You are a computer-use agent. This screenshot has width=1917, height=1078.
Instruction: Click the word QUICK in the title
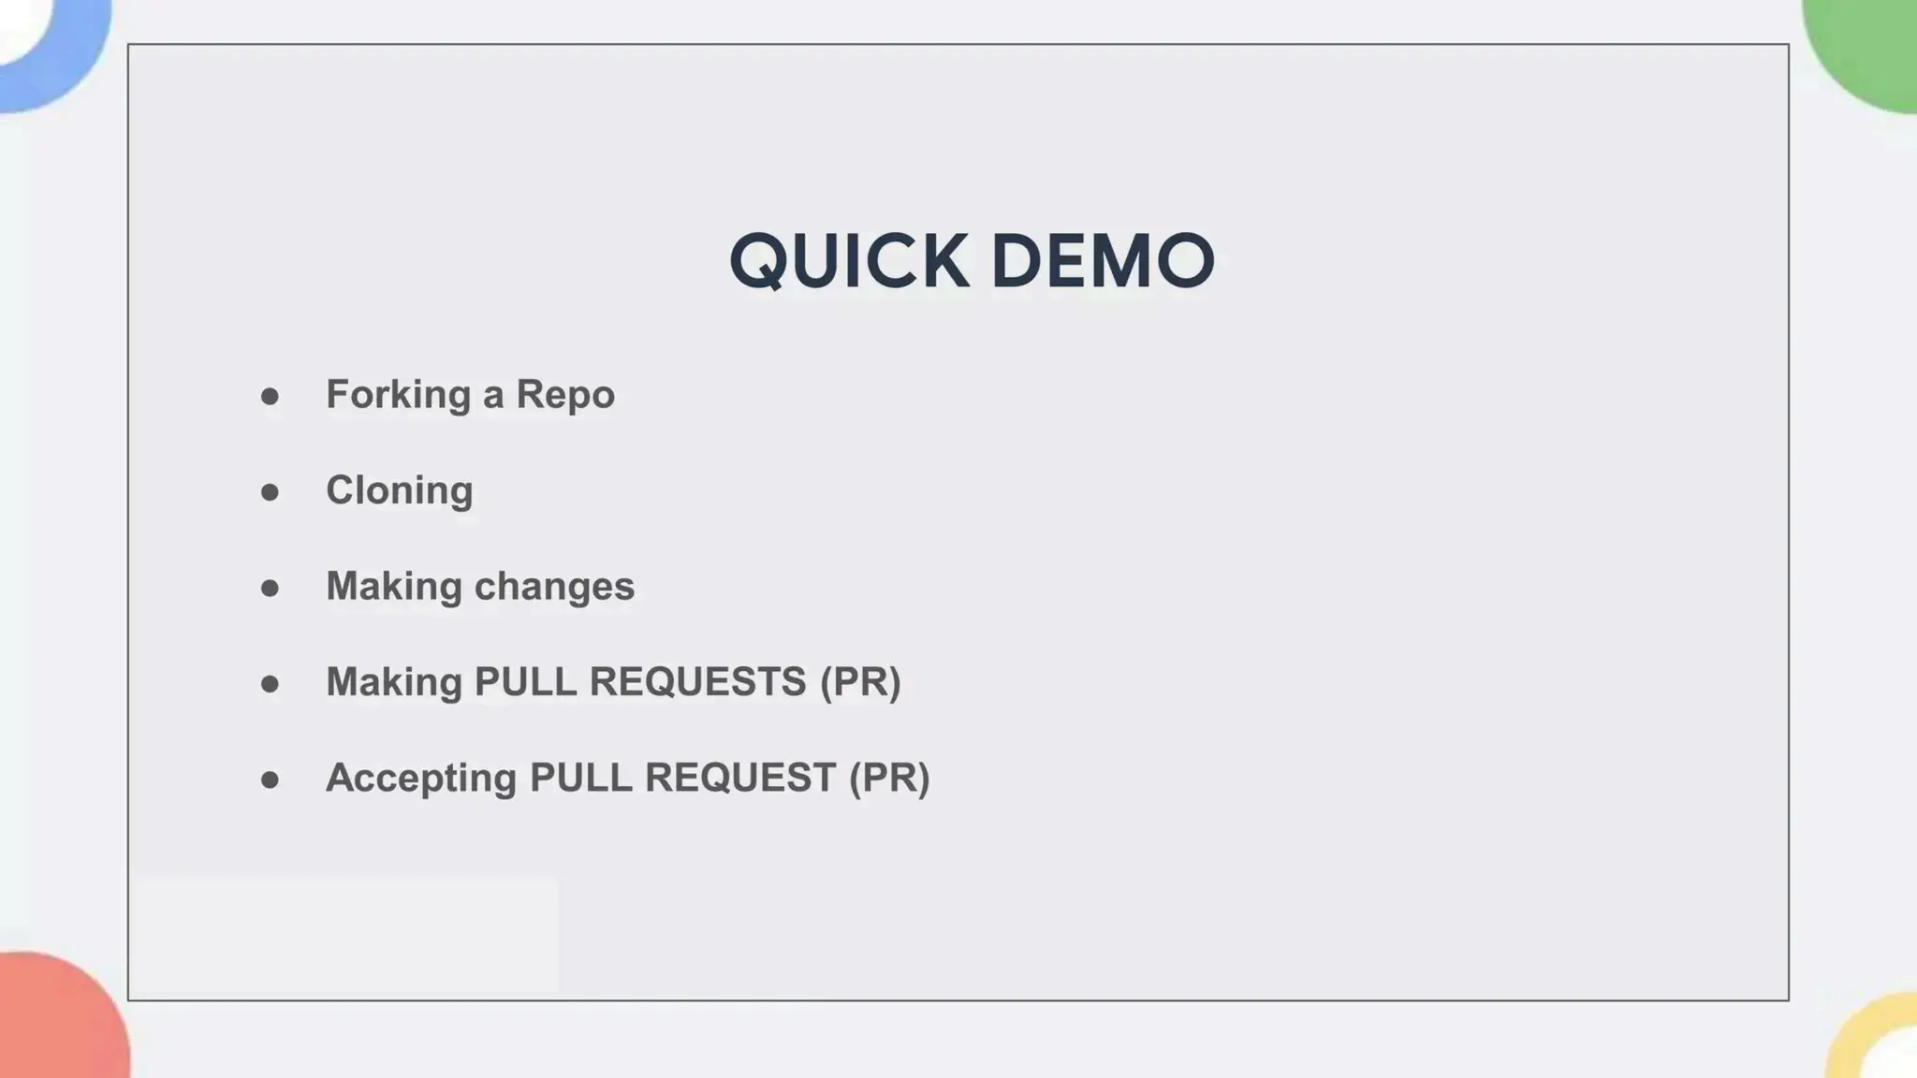tap(848, 261)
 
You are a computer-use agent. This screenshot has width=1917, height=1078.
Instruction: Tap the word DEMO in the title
tap(1103, 261)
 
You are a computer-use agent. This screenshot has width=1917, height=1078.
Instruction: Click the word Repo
tap(565, 395)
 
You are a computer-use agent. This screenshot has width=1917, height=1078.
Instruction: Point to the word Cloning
tap(400, 491)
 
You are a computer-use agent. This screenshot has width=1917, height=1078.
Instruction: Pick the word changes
tap(554, 587)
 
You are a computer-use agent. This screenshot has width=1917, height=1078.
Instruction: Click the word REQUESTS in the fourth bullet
tap(697, 682)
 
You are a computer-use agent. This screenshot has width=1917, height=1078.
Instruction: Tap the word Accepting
tap(420, 779)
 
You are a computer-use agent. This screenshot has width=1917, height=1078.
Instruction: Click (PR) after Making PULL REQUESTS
tap(860, 682)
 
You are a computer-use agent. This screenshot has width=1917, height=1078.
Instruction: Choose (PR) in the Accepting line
tap(889, 779)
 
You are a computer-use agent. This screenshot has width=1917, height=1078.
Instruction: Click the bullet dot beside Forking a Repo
tap(270, 397)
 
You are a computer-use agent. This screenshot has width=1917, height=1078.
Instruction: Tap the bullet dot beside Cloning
tap(270, 492)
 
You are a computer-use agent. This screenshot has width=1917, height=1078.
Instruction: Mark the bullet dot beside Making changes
tap(270, 589)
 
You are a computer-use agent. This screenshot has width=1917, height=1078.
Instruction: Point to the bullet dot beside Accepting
tap(270, 779)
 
